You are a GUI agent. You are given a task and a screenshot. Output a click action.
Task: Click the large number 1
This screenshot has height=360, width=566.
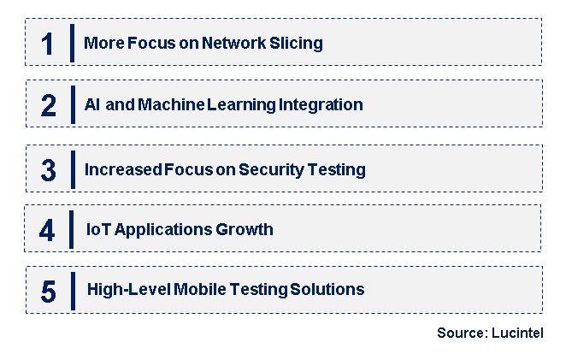click(48, 43)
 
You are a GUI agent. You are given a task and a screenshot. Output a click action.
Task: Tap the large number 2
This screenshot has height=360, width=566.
click(48, 105)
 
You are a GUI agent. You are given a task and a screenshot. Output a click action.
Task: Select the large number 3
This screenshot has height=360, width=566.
click(48, 170)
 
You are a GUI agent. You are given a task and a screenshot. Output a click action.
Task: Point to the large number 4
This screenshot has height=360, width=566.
click(48, 229)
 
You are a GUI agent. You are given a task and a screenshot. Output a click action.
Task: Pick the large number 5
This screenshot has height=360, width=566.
click(48, 292)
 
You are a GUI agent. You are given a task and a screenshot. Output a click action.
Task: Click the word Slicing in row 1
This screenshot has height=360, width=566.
click(297, 43)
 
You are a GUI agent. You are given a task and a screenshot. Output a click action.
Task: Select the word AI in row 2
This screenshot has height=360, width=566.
click(92, 105)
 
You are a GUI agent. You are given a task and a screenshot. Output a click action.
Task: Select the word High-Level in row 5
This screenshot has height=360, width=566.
click(128, 290)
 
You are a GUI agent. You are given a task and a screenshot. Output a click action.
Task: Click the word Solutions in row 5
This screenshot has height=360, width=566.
click(328, 290)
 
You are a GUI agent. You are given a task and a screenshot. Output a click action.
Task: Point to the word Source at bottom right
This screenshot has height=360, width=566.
click(460, 333)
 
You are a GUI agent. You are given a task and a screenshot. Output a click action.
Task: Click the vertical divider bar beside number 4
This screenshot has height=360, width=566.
click(72, 229)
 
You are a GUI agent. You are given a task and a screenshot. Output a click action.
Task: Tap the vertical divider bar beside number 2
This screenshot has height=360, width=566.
click(72, 105)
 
